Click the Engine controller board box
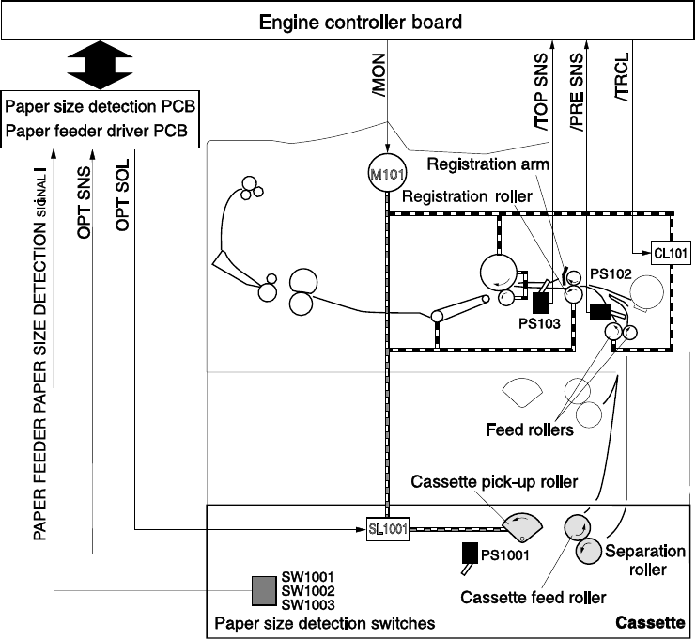[x=348, y=21]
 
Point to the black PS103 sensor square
[x=540, y=302]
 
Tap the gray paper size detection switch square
[x=264, y=590]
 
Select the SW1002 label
[x=308, y=591]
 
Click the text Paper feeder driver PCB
[x=102, y=131]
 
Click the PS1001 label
[x=505, y=554]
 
